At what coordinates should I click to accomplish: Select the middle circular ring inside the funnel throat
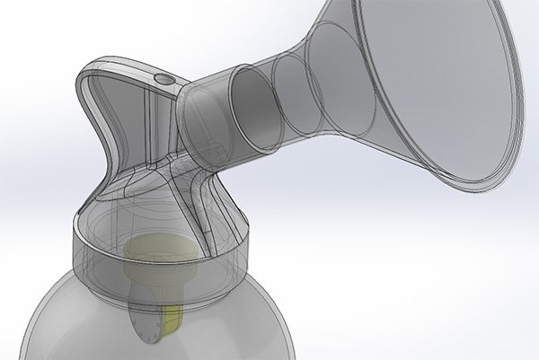tap(293, 90)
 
